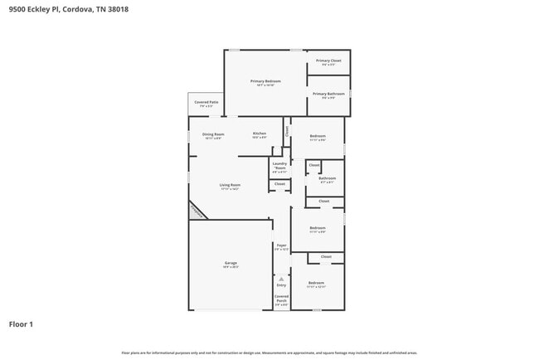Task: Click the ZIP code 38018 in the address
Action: (x=117, y=10)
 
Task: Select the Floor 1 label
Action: (x=22, y=324)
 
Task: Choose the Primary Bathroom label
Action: (x=328, y=95)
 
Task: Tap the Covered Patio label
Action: (x=206, y=104)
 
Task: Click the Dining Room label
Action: (x=213, y=135)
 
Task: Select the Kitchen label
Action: (x=260, y=134)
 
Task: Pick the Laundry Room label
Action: (x=279, y=166)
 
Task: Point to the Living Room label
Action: (x=230, y=186)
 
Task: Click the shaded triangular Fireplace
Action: (x=197, y=211)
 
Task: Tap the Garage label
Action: (x=230, y=264)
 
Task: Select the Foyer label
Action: (x=281, y=246)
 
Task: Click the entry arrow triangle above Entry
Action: (x=281, y=278)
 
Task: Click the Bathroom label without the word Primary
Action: (x=327, y=179)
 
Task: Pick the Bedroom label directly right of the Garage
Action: (x=317, y=229)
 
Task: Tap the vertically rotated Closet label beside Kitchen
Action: (x=288, y=130)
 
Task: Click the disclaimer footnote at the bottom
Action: (x=269, y=353)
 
